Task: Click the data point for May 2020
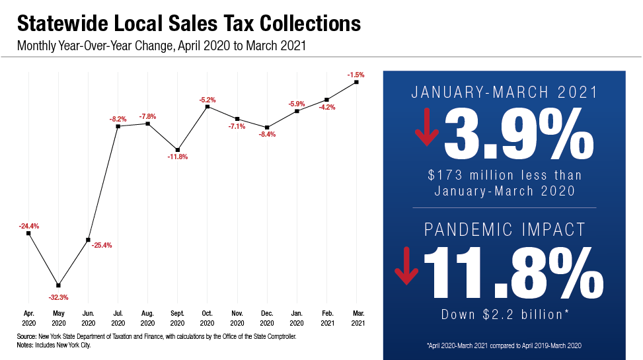[59, 284]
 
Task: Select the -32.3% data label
[59, 297]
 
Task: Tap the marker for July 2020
[118, 126]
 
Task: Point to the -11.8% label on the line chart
[178, 157]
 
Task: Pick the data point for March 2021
[356, 83]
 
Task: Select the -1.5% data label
[356, 75]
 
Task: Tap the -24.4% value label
[29, 226]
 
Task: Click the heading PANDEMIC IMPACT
[505, 230]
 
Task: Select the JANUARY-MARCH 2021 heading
[505, 92]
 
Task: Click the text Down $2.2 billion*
[504, 314]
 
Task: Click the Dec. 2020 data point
[267, 127]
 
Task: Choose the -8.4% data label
[267, 134]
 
